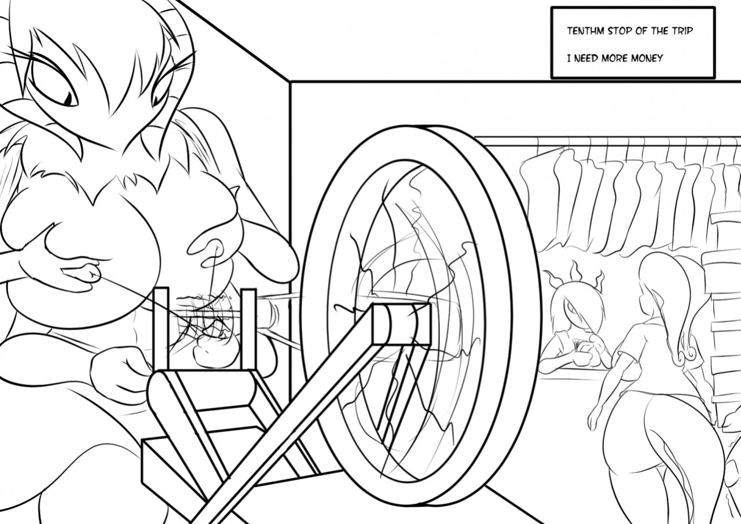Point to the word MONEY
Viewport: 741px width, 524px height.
pyautogui.click(x=647, y=58)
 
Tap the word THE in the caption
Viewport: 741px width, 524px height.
pyautogui.click(x=657, y=31)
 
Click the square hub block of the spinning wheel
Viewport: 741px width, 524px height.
pyautogui.click(x=401, y=324)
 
